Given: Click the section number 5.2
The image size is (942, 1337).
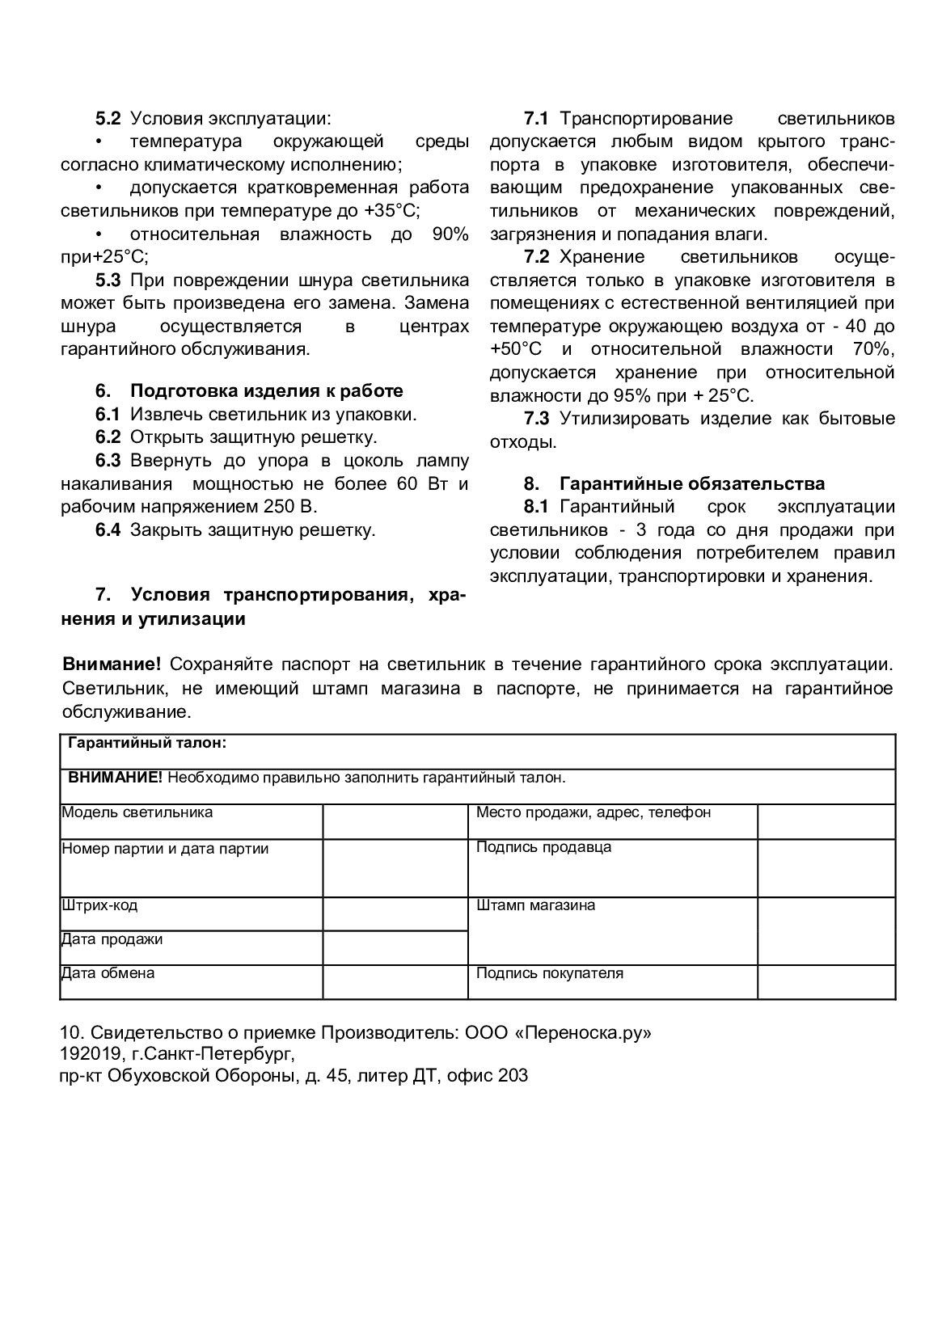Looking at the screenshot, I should point(108,119).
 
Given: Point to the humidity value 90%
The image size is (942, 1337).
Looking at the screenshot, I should point(450,234).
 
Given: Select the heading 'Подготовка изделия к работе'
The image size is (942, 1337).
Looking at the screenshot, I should point(266,391).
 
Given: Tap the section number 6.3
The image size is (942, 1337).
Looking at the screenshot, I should point(108,461).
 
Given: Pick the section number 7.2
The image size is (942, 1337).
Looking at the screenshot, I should point(536,258).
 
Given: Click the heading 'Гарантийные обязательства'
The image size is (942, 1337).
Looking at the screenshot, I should point(692,484).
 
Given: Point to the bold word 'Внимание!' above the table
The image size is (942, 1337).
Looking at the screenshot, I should point(112,664).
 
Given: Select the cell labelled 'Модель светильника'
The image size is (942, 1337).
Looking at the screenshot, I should point(137,812).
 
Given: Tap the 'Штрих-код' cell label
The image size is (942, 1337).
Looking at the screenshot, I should point(99,905).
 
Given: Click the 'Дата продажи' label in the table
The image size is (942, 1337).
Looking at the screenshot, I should point(112,939).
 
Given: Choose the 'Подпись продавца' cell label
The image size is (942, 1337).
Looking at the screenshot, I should point(543,848).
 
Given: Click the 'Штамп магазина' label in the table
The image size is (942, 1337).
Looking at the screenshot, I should point(535,905).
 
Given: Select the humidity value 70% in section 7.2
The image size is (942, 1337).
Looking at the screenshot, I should point(873,350).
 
